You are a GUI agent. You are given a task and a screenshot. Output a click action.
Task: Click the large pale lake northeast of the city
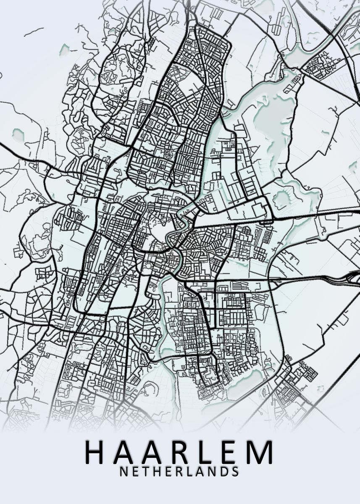coord(269,113)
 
